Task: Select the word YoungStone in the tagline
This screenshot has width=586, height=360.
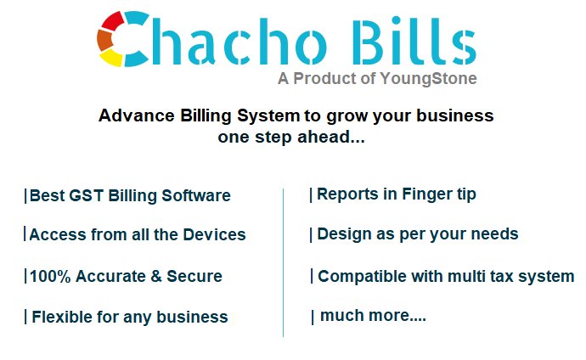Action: tap(431, 79)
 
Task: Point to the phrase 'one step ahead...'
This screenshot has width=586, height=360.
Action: tap(291, 137)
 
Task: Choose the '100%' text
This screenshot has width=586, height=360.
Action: tap(49, 276)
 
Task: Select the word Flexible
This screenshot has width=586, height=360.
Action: tap(61, 318)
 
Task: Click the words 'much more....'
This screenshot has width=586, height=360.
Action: tap(373, 317)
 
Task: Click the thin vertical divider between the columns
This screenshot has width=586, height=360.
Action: tap(283, 263)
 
